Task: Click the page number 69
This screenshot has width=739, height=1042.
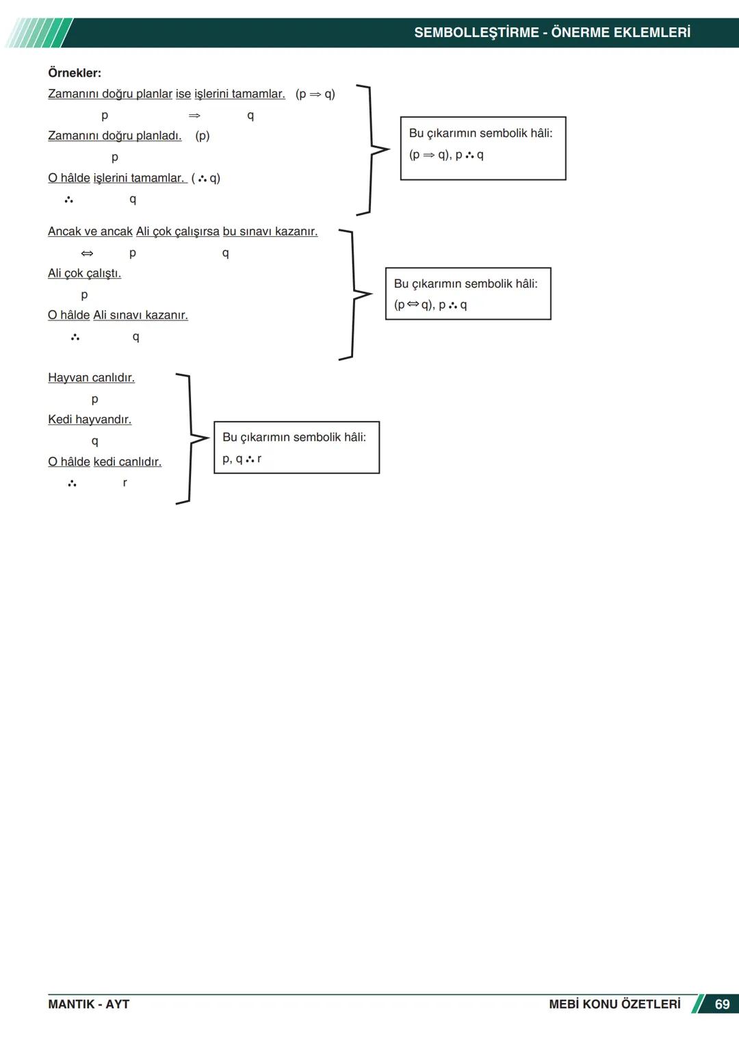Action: coord(722,1004)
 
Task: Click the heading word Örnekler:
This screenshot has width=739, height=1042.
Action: coord(75,73)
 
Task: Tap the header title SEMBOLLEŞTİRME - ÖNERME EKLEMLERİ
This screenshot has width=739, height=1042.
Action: coord(552,32)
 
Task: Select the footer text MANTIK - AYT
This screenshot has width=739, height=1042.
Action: coord(88,1004)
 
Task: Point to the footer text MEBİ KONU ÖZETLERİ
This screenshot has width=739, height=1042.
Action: coord(614,1004)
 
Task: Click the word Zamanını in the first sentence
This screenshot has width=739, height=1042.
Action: coord(73,94)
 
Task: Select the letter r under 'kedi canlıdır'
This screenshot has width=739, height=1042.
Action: coord(125,483)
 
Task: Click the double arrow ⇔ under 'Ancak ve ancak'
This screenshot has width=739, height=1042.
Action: coord(87,253)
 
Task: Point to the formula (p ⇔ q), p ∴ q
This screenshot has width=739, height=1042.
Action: coord(430,305)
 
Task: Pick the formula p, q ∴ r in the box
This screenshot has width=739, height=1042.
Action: coord(242,459)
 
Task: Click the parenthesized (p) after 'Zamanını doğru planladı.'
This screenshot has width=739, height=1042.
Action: coord(203,136)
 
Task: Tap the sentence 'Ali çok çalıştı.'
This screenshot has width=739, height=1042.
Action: coord(84,273)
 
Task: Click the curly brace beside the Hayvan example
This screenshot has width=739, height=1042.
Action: coord(192,439)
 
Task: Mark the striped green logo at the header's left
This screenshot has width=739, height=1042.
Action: coord(38,33)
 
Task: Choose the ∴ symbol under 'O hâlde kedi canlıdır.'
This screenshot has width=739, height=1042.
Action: coord(72,483)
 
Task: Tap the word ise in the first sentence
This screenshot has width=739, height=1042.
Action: coord(183,94)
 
